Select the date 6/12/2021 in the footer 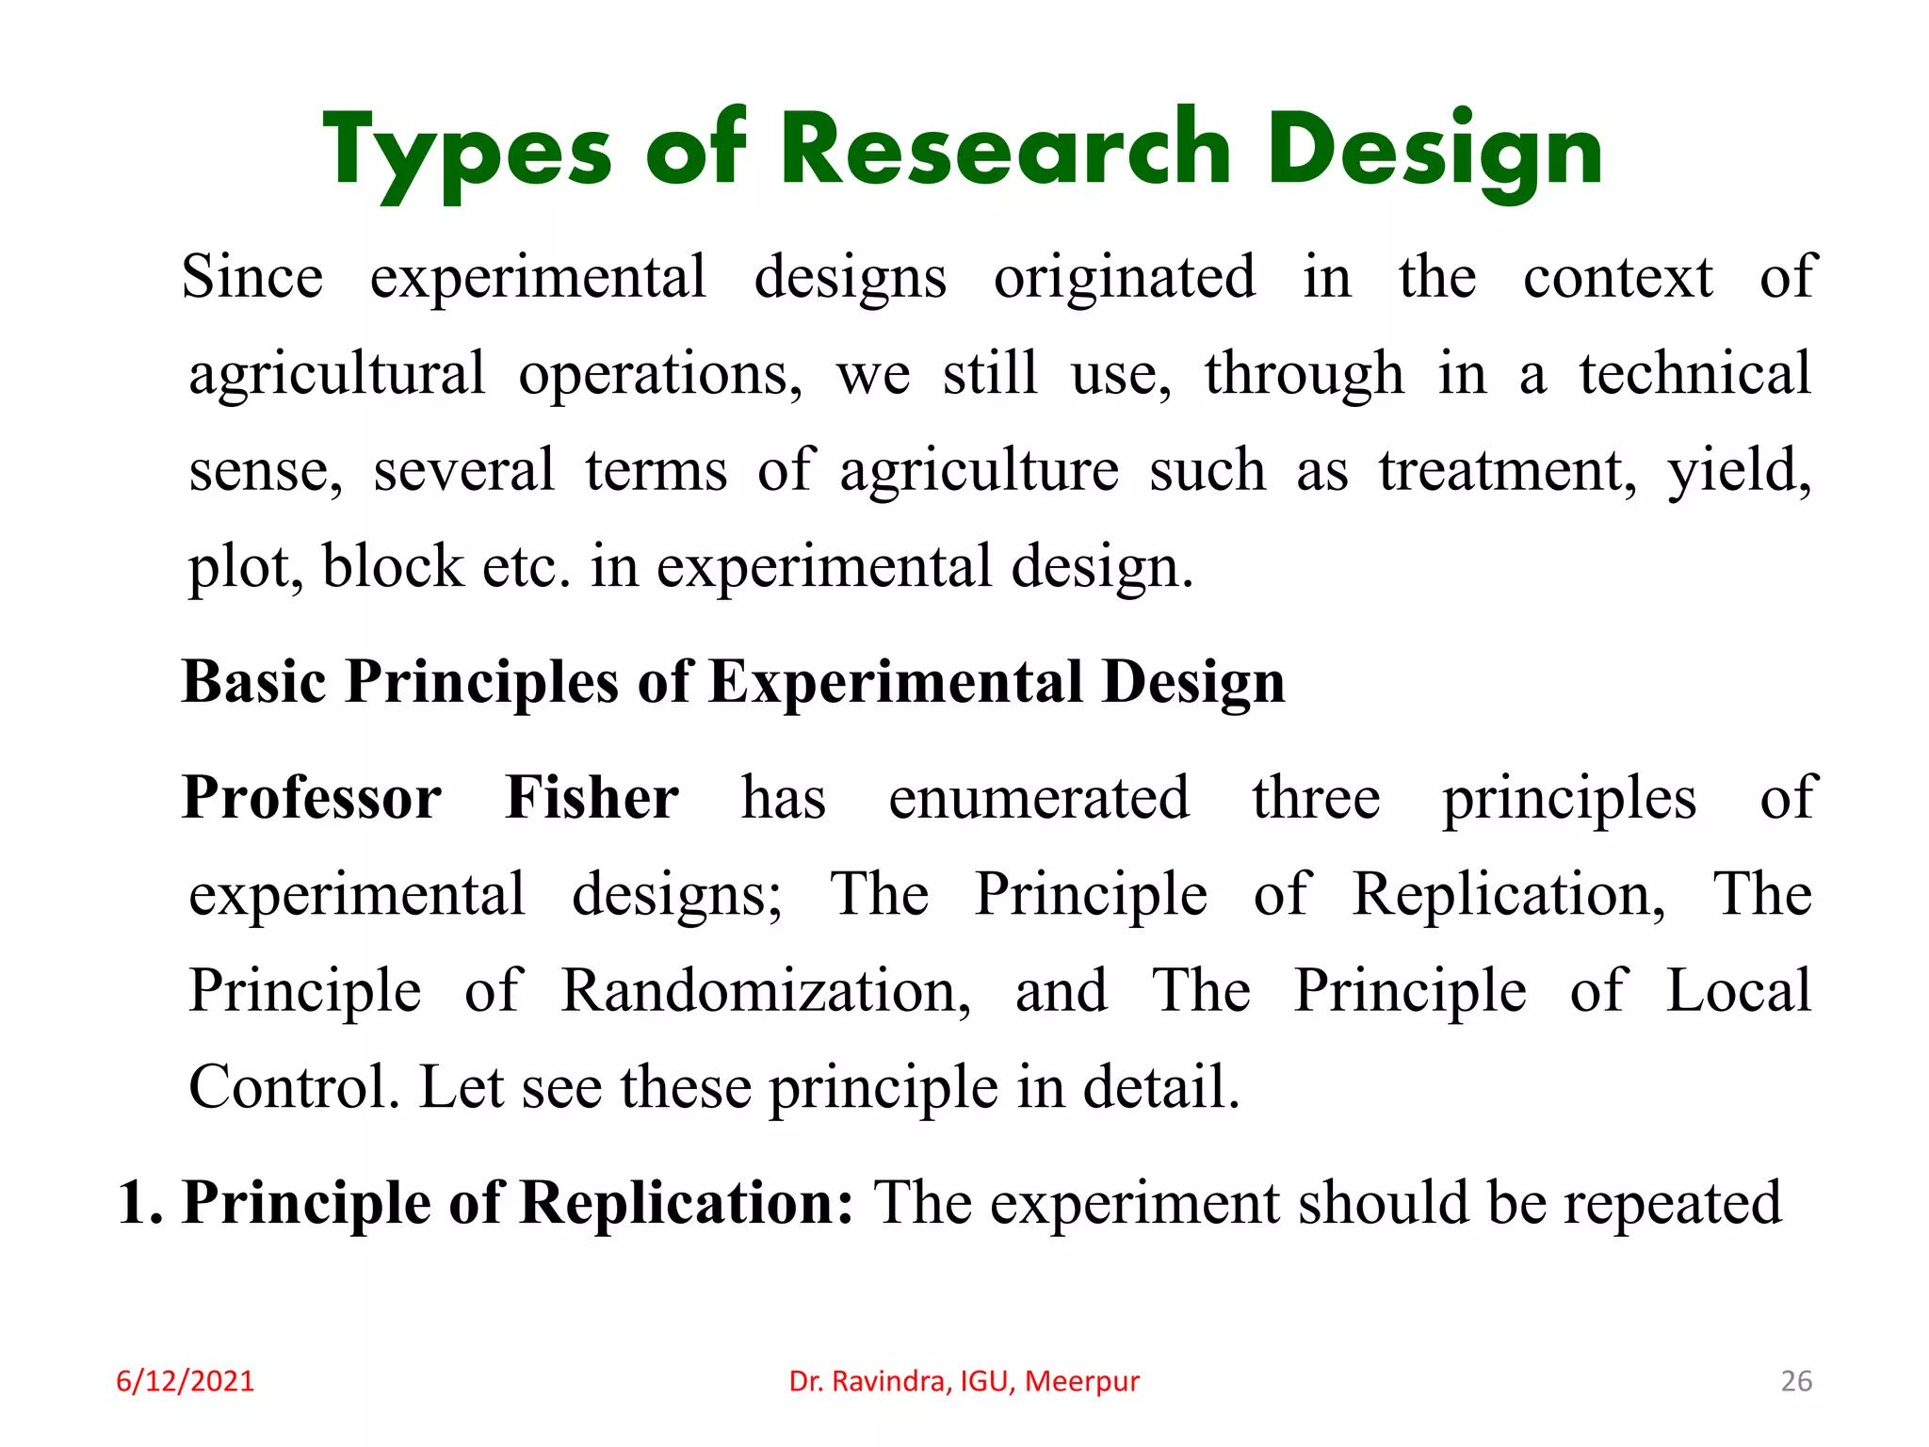(x=185, y=1381)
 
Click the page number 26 (x=1796, y=1381)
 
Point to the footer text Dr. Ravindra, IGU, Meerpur (x=964, y=1381)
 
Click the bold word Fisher (x=592, y=798)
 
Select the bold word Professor (x=312, y=798)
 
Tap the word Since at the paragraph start (x=252, y=277)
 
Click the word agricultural (x=337, y=374)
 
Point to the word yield (x=1739, y=470)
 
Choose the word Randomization (x=766, y=991)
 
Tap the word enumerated (x=1039, y=798)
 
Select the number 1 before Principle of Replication (x=134, y=1203)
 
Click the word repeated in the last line (x=1673, y=1203)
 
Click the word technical (x=1695, y=374)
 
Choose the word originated (x=1125, y=277)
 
